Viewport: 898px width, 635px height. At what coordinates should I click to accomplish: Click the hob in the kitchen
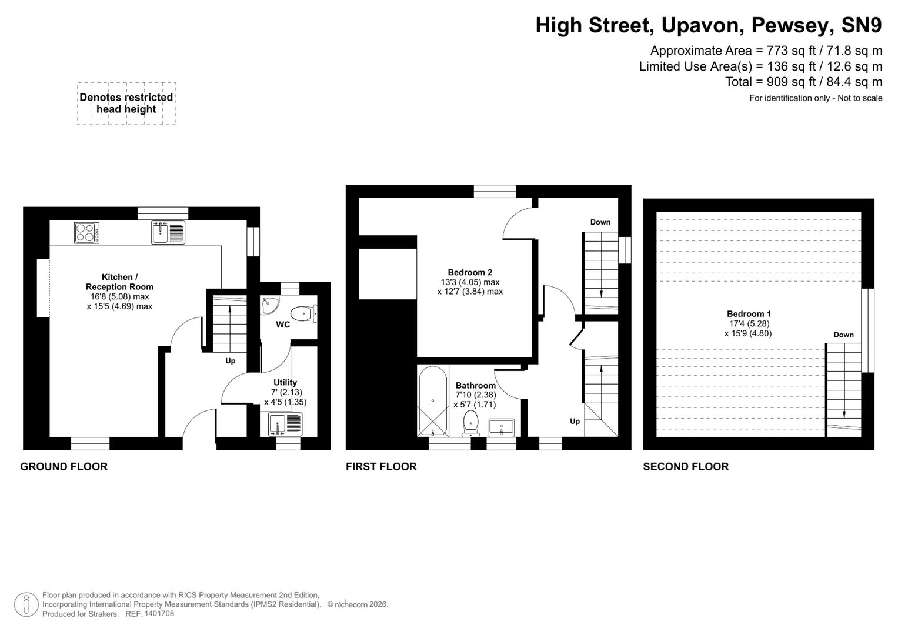[86, 232]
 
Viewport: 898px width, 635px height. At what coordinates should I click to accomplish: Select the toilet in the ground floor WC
[303, 313]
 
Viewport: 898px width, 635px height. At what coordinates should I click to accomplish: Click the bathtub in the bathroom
[433, 402]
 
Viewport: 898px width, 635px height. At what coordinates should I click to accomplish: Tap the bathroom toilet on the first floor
[471, 423]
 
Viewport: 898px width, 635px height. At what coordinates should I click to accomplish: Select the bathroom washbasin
[501, 427]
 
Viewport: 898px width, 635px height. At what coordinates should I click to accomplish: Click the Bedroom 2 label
[470, 272]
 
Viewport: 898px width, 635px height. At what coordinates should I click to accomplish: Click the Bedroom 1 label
[749, 314]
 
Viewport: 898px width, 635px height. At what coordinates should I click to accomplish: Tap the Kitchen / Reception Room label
[119, 282]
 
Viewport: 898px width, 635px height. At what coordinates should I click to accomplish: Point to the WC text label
[283, 325]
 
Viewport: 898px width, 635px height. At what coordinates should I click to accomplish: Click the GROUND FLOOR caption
[64, 467]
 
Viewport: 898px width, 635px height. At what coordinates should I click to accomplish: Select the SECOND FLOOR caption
[686, 467]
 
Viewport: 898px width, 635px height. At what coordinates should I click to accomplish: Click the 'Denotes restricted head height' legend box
[126, 103]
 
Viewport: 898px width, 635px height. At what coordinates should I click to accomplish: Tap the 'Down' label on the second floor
[843, 335]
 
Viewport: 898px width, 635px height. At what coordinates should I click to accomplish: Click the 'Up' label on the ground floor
[231, 361]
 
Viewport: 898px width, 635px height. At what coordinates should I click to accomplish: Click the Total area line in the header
[803, 82]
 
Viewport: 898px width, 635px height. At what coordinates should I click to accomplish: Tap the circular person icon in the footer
[26, 605]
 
